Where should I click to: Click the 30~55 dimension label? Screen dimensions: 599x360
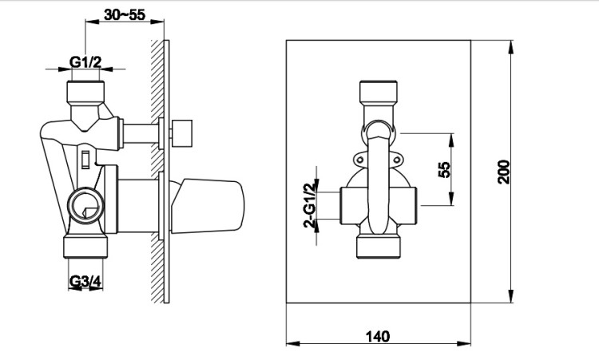[125, 14]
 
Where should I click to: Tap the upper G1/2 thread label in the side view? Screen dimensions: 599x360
[85, 61]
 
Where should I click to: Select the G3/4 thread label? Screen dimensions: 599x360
[85, 281]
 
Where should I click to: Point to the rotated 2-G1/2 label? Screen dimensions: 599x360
[310, 205]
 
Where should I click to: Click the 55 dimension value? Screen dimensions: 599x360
[444, 170]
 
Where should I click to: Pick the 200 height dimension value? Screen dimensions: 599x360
[503, 172]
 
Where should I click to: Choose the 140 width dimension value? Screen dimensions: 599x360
[379, 336]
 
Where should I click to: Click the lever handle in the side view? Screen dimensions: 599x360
[207, 205]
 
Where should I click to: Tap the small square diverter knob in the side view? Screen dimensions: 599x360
[181, 133]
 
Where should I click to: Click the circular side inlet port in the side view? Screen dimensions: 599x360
[85, 206]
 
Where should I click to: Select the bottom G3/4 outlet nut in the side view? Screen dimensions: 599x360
[85, 247]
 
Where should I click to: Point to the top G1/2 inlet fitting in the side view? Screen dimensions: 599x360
[85, 92]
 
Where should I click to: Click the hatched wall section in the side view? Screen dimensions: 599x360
[157, 172]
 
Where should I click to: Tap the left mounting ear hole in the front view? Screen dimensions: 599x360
[360, 160]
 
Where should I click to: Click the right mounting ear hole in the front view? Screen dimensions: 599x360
[396, 160]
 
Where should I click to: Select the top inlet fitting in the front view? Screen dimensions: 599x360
[379, 92]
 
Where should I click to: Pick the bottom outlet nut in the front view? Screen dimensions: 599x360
[379, 247]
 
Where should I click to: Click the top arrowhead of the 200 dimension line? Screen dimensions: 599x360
[511, 47]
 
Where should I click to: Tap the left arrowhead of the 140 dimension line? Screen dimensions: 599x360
[293, 343]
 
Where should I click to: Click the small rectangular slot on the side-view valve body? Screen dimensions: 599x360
[85, 160]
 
